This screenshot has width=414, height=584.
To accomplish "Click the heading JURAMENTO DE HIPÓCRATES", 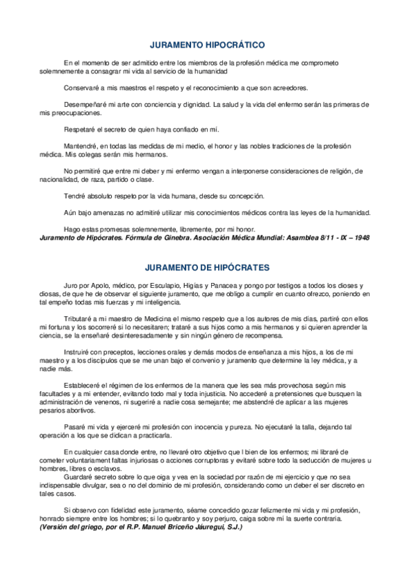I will pos(207,267).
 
